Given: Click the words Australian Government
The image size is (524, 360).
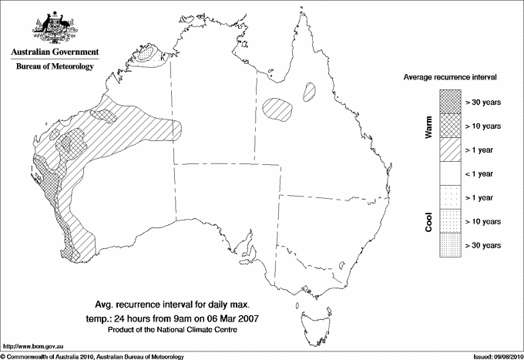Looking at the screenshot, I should pyautogui.click(x=54, y=52).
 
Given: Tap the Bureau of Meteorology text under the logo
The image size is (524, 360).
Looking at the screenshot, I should pyautogui.click(x=54, y=67).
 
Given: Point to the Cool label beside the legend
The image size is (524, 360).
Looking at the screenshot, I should pyautogui.click(x=428, y=222).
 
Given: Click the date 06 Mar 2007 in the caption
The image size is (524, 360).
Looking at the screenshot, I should pyautogui.click(x=233, y=318).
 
